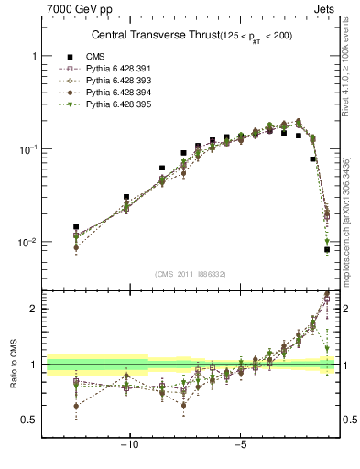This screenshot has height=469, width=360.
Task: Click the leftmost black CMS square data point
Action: coord(76,226)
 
